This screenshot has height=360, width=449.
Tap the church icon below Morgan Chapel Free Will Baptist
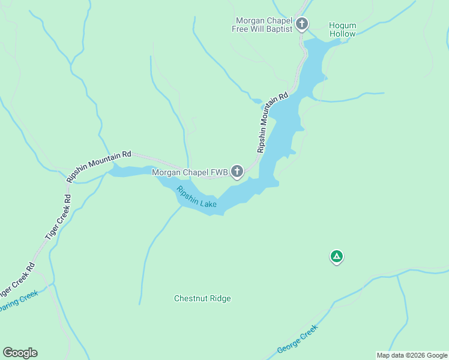tap(302, 25)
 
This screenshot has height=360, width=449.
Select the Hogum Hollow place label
tap(342, 29)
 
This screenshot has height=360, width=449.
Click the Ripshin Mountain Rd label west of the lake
tap(98, 166)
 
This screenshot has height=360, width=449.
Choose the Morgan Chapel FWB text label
tap(190, 173)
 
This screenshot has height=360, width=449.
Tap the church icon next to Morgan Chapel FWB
tap(237, 172)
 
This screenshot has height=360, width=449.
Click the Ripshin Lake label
tap(196, 197)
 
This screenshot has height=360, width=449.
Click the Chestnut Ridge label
tap(202, 298)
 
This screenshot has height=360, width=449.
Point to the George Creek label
tap(297, 339)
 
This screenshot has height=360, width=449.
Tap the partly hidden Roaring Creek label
tap(18, 301)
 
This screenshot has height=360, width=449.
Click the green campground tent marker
tap(337, 257)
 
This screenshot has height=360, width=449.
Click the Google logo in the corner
tap(20, 353)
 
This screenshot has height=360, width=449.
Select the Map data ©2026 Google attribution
tap(412, 355)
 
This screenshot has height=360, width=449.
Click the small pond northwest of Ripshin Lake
tap(256, 101)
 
